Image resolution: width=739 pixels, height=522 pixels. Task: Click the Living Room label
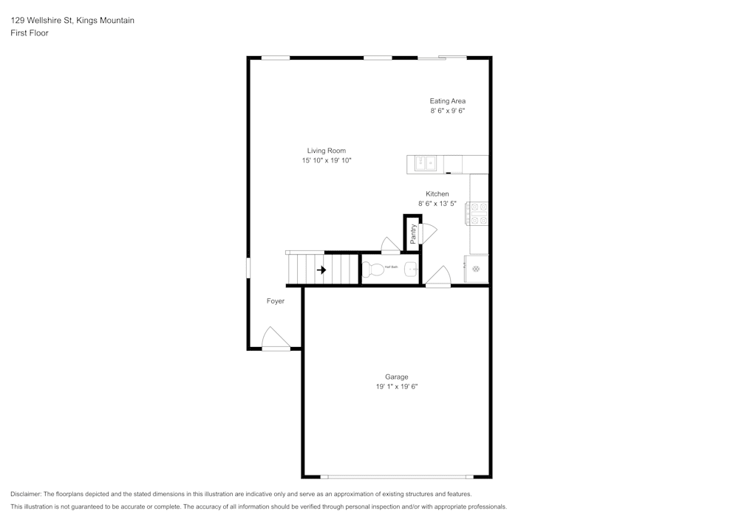pyautogui.click(x=326, y=151)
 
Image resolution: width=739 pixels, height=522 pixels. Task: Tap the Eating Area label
pyautogui.click(x=447, y=101)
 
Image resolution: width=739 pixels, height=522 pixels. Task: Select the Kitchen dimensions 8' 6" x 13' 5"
pyautogui.click(x=437, y=204)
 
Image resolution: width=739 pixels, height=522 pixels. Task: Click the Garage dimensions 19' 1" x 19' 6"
pyautogui.click(x=396, y=386)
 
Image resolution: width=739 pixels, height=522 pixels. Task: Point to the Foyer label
pyautogui.click(x=276, y=301)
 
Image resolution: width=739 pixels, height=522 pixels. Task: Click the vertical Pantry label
pyautogui.click(x=413, y=233)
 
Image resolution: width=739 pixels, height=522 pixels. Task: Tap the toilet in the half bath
pyautogui.click(x=375, y=269)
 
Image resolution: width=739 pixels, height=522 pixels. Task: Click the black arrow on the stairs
pyautogui.click(x=321, y=270)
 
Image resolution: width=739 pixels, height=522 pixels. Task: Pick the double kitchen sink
pyautogui.click(x=425, y=163)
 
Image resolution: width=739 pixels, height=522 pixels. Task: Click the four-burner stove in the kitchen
pyautogui.click(x=477, y=213)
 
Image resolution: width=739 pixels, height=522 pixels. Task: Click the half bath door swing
pyautogui.click(x=389, y=245)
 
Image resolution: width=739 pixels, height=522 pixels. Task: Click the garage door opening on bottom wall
pyautogui.click(x=398, y=476)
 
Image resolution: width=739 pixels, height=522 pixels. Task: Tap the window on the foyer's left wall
pyautogui.click(x=248, y=267)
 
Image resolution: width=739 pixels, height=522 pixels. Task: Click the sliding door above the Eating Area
pyautogui.click(x=443, y=58)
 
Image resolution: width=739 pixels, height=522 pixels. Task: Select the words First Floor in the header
pyautogui.click(x=30, y=33)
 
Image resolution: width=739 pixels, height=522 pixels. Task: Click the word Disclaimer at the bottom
pyautogui.click(x=26, y=494)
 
